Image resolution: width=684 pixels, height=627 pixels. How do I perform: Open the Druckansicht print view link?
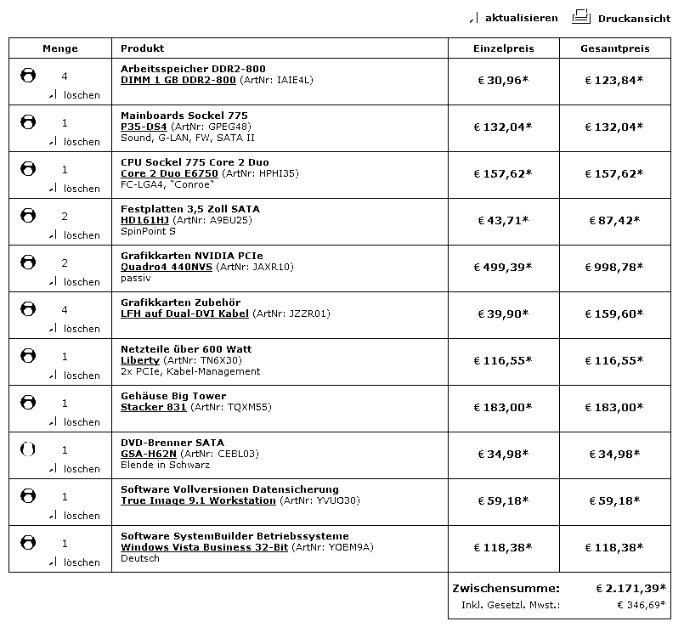[634, 18]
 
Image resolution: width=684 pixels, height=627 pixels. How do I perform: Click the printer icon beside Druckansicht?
[581, 16]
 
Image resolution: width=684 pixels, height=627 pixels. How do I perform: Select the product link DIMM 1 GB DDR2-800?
[178, 80]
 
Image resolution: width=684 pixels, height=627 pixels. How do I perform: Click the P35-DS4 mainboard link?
[144, 127]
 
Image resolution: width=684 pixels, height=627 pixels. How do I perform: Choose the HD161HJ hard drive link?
[144, 220]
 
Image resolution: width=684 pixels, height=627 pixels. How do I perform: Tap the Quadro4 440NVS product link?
[167, 267]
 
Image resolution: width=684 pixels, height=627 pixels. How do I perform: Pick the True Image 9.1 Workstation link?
[198, 500]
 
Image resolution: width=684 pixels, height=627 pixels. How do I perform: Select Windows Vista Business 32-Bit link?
[204, 547]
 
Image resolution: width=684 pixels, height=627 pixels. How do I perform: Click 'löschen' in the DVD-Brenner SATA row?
[82, 469]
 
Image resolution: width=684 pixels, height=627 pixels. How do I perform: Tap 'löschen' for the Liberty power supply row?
[82, 376]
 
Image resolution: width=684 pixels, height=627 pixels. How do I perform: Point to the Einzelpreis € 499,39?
[502, 267]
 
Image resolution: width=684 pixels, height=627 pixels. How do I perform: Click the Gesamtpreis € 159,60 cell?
[613, 313]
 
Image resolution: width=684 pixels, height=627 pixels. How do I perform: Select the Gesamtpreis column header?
[614, 48]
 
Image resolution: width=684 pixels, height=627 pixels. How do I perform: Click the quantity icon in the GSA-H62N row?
[28, 449]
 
